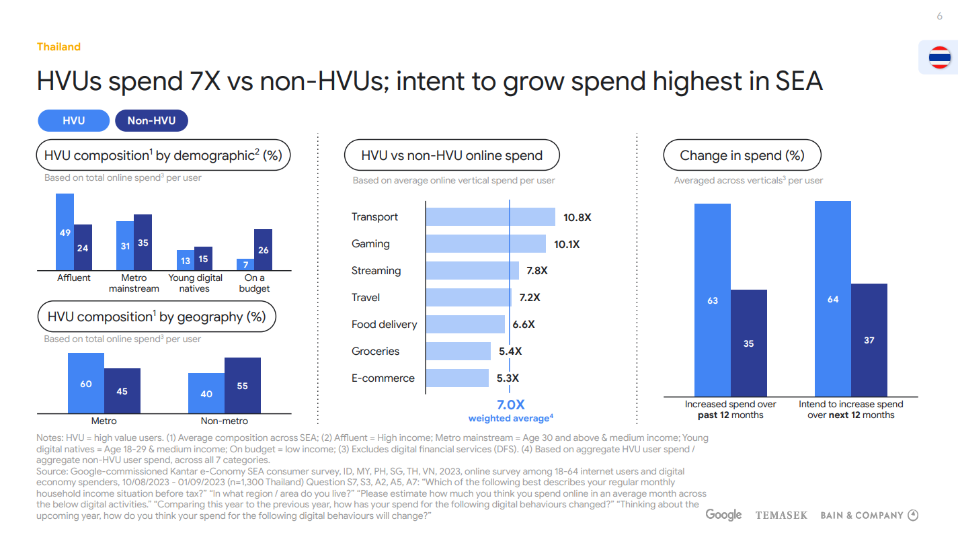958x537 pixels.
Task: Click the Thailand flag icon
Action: (x=939, y=58)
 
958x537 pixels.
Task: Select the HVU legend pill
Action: (x=74, y=121)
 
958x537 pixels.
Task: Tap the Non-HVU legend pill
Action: (x=151, y=121)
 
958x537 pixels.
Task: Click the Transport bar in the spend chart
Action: (x=491, y=217)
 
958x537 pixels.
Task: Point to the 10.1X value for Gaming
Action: (x=567, y=244)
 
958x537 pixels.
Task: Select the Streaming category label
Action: (x=376, y=271)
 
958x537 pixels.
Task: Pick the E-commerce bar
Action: (x=458, y=378)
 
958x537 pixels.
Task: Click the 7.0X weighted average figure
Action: (x=510, y=405)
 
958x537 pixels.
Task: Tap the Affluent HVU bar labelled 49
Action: (x=65, y=232)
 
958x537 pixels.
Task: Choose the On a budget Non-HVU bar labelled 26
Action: (x=263, y=249)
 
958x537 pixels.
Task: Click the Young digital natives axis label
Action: (x=195, y=283)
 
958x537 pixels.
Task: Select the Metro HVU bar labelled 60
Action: (x=86, y=383)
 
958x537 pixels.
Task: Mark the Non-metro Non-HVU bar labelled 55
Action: (x=243, y=385)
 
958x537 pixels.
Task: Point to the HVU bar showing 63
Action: (x=713, y=300)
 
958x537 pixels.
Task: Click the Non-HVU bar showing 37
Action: (x=869, y=339)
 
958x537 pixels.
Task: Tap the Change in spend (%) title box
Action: (x=742, y=156)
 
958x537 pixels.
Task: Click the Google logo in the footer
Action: (x=723, y=515)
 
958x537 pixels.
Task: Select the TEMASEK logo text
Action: (x=782, y=515)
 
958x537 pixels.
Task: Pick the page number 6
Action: (x=939, y=17)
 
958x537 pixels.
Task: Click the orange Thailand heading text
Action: (x=59, y=47)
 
